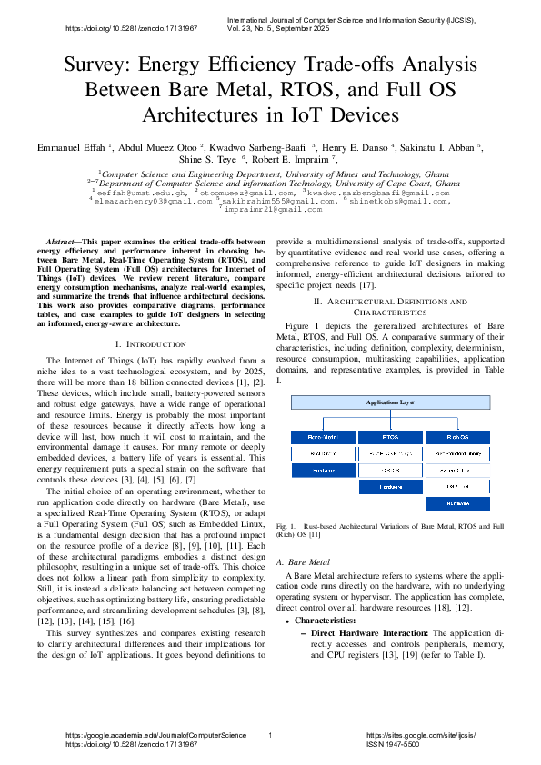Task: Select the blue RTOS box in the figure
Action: (389, 437)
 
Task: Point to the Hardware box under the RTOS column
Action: (389, 486)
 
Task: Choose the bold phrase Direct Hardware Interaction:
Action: (366, 633)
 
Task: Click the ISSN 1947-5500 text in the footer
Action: (393, 743)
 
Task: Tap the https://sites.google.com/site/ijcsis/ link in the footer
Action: (420, 734)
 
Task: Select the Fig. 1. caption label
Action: (286, 526)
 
